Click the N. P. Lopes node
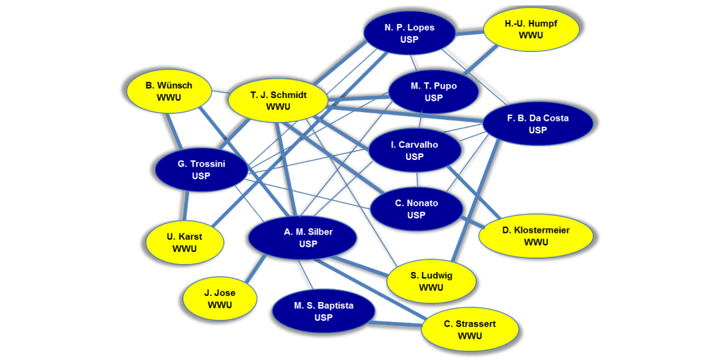pos(409,33)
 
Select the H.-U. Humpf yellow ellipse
pos(531,29)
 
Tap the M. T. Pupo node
pos(433,92)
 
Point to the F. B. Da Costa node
pos(537,124)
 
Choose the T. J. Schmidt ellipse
pos(278,101)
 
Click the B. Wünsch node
pos(169,91)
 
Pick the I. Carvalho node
pos(415,151)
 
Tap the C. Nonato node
pos(417,209)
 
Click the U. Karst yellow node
pos(185,243)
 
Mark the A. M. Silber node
pos(303,238)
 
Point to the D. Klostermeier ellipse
pos(535,236)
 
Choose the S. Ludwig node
pos(431,281)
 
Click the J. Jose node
pos(220,299)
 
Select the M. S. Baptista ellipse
pos(323,311)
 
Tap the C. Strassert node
pos(470,329)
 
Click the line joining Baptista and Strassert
pos(395,325)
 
